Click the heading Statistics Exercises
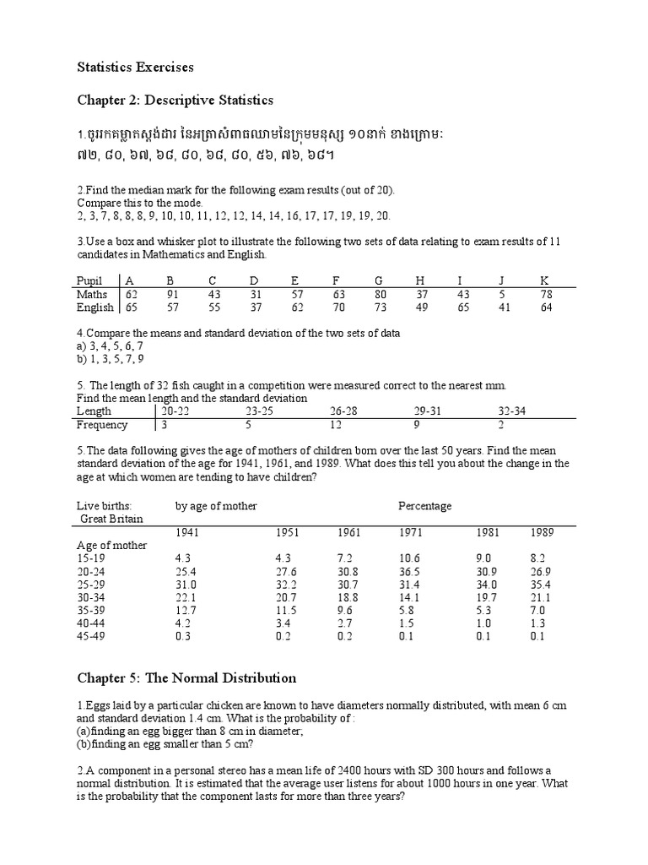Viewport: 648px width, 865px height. point(136,66)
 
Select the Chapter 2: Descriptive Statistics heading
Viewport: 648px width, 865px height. point(175,100)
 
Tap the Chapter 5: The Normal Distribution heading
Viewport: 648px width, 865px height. point(186,677)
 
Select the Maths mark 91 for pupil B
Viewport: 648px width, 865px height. point(172,294)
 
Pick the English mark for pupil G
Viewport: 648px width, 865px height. point(380,307)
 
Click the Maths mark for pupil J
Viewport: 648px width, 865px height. point(501,294)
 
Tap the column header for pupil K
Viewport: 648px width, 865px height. point(545,280)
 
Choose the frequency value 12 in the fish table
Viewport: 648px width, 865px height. point(336,425)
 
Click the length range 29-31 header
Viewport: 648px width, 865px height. point(428,411)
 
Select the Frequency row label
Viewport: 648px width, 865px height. point(102,425)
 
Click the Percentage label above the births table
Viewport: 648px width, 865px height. point(424,506)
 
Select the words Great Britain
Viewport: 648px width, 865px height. point(112,518)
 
